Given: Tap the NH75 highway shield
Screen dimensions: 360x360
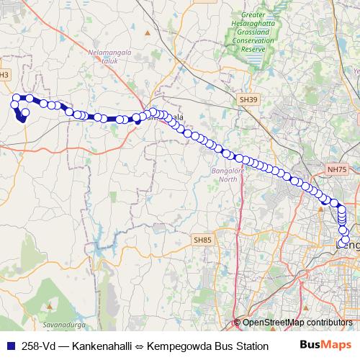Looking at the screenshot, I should click(336, 168).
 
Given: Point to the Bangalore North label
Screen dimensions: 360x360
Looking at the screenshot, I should click(224, 175).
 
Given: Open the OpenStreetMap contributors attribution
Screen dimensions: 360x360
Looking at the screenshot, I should click(297, 323).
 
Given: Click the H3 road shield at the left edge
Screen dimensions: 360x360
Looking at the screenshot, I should click(4, 74).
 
